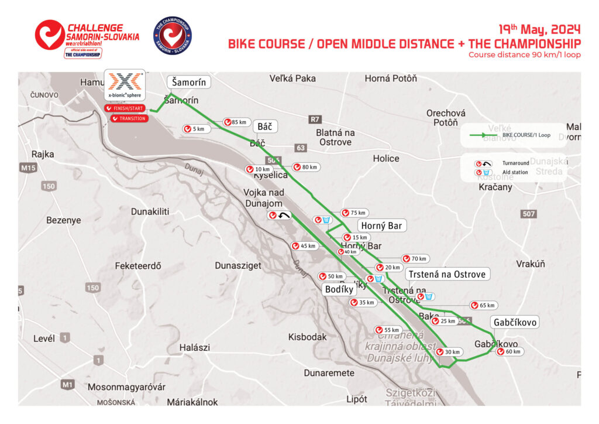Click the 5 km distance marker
coord(195,129)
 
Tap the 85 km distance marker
coord(235,122)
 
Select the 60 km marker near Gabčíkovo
coord(510,351)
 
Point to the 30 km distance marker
coord(449,352)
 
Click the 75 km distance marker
coord(354,213)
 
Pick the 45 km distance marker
coord(304,246)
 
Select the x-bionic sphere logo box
coord(125,86)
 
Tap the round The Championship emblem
coord(172,35)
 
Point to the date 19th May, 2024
coord(539,29)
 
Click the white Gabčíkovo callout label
coord(515,323)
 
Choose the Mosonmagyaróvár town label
coord(126,387)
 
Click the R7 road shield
coord(315,119)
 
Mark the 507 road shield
coord(529,214)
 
